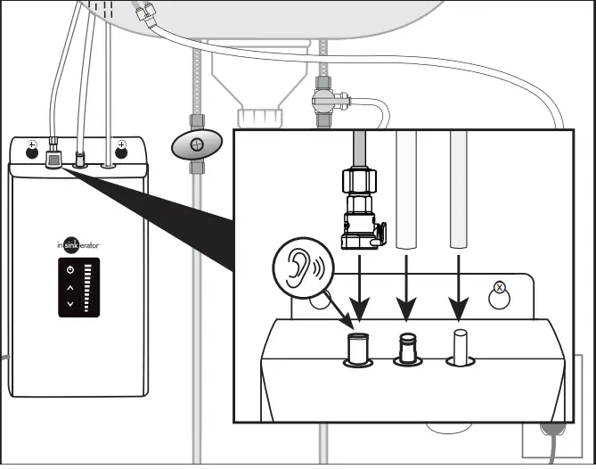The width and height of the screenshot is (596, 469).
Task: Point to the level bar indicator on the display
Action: tap(87, 287)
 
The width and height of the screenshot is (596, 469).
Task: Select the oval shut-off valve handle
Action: tap(196, 144)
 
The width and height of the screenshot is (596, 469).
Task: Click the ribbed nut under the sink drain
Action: tap(252, 116)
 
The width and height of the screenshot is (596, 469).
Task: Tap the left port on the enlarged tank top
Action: tap(358, 348)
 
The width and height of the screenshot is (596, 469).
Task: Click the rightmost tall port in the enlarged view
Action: tap(460, 346)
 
